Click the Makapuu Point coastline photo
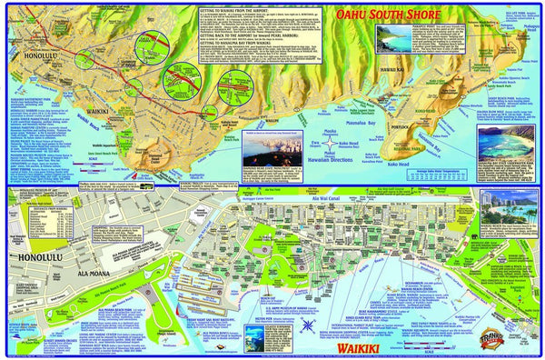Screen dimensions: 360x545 [x=400, y=41]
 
